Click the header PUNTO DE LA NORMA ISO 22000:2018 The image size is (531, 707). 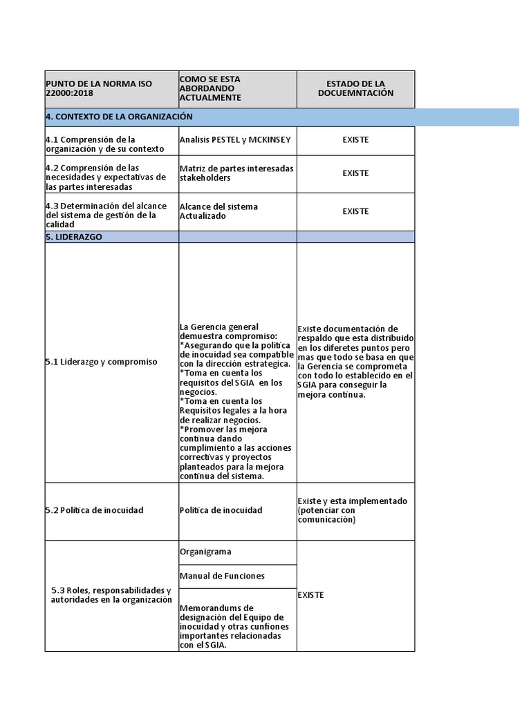pos(99,88)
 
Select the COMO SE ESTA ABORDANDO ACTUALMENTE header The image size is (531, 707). pos(209,88)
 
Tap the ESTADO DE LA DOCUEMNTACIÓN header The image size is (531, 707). pos(355,88)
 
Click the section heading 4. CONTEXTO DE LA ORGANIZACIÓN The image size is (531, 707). pos(119,117)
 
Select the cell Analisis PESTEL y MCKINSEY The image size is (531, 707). pos(235,139)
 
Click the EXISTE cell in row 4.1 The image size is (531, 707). pos(355,139)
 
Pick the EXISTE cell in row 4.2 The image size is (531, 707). pos(355,173)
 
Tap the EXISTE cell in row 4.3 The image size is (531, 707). pos(355,211)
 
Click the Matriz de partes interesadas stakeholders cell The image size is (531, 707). pos(236,173)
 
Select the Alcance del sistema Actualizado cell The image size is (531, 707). pos(218,211)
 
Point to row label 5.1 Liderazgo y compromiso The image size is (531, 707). pos(101,362)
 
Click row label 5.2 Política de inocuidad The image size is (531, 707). pos(95,510)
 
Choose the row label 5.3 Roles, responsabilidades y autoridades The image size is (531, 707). pos(111,595)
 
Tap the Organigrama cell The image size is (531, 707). pos(205,552)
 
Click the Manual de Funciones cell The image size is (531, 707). pos(222,576)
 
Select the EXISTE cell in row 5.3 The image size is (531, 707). pos(310,595)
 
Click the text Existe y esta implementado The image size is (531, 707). pos(352,501)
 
